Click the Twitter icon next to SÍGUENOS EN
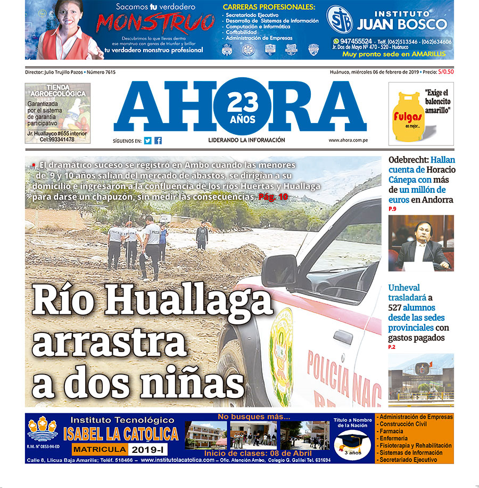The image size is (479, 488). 147,141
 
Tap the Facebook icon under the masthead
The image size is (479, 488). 158,141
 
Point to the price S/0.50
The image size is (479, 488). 446,72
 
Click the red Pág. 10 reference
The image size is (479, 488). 273,197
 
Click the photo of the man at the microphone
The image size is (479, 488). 421,243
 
